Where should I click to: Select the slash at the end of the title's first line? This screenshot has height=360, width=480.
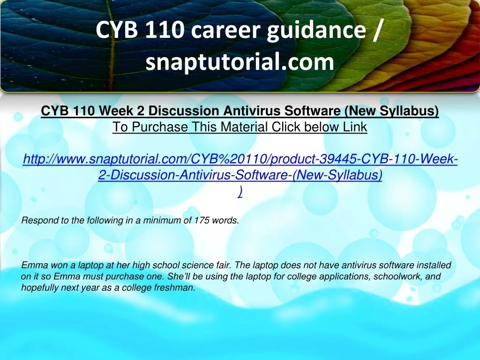pos(378,30)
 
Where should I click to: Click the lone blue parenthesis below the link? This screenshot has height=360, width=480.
pos(240,192)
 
